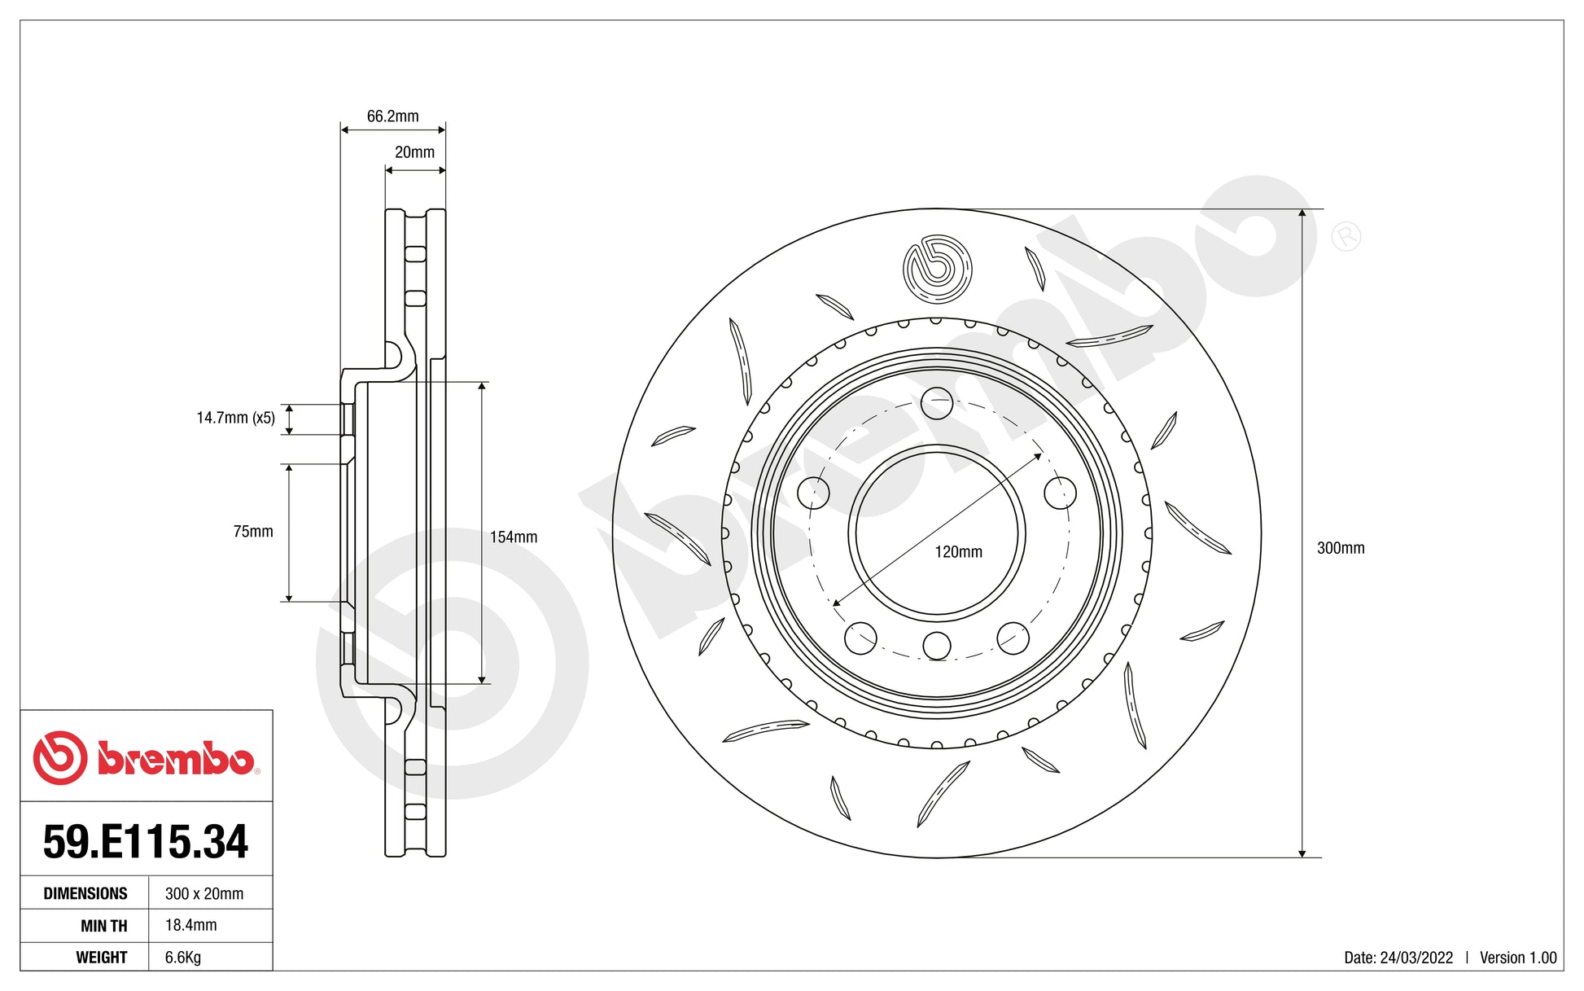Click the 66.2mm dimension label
392,116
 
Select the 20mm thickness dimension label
414,152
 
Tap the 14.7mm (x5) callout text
235,418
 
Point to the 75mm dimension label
253,532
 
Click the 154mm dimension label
513,537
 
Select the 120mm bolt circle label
958,552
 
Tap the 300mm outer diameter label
1340,548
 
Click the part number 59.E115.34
146,841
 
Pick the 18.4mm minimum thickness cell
191,925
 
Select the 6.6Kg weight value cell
183,958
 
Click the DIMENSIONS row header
85,893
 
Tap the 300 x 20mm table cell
204,893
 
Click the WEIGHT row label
101,958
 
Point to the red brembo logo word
175,758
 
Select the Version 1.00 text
1517,958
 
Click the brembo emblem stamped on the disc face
937,267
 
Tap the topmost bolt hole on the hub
937,404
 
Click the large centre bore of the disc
937,533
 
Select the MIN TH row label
103,926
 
